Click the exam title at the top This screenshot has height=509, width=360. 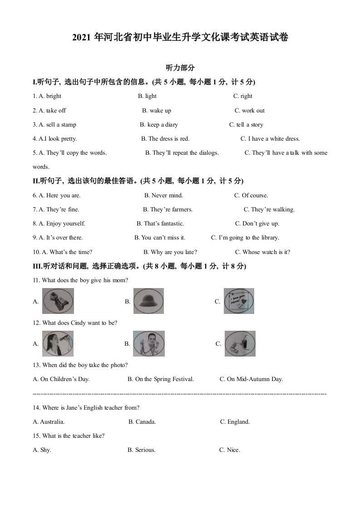tap(180, 38)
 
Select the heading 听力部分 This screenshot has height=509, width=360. tap(180, 68)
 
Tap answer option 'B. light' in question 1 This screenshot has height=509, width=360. tap(147, 96)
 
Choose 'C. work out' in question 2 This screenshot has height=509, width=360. tap(249, 111)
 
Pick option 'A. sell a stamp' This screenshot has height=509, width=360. tap(54, 125)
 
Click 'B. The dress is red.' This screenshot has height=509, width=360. tap(165, 139)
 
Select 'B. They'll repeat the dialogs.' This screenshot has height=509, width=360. tap(182, 153)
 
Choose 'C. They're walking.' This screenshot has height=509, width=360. tap(269, 210)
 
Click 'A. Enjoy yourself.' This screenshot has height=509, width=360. tap(59, 224)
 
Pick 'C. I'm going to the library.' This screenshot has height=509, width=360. tap(245, 238)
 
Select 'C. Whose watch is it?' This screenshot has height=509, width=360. tap(262, 252)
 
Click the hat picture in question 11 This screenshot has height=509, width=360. tap(148, 301)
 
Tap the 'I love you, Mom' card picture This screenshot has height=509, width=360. tap(239, 301)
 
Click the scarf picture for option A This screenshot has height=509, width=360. tap(58, 301)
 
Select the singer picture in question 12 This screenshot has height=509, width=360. tap(58, 343)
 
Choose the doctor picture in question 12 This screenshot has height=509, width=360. tap(148, 343)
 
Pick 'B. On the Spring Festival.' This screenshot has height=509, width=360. tap(161, 379)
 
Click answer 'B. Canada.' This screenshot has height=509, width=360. tap(142, 422)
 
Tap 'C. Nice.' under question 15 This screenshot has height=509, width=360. tap(229, 450)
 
